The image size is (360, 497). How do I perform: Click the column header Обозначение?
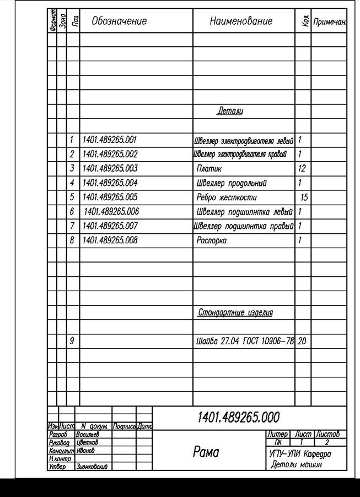[x=119, y=22]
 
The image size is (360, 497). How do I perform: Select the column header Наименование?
[x=241, y=22]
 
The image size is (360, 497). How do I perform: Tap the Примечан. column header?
[x=329, y=22]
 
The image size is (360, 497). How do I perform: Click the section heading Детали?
[x=230, y=111]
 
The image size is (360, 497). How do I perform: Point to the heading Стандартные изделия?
[x=235, y=313]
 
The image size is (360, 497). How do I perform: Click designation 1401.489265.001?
[x=109, y=140]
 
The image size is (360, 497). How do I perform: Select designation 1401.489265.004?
[x=110, y=183]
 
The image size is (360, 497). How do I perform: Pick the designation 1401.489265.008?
[x=110, y=241]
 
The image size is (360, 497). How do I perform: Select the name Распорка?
[x=212, y=241]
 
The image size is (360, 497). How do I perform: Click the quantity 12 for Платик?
[x=301, y=169]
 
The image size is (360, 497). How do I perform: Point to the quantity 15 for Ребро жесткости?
[x=304, y=197]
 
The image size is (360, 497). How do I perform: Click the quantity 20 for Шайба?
[x=302, y=341]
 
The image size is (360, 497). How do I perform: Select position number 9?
[x=72, y=341]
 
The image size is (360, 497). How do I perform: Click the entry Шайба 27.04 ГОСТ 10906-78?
[x=245, y=341]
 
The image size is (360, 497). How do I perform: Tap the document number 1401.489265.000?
[x=238, y=417]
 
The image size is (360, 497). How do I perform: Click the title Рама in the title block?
[x=206, y=452]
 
